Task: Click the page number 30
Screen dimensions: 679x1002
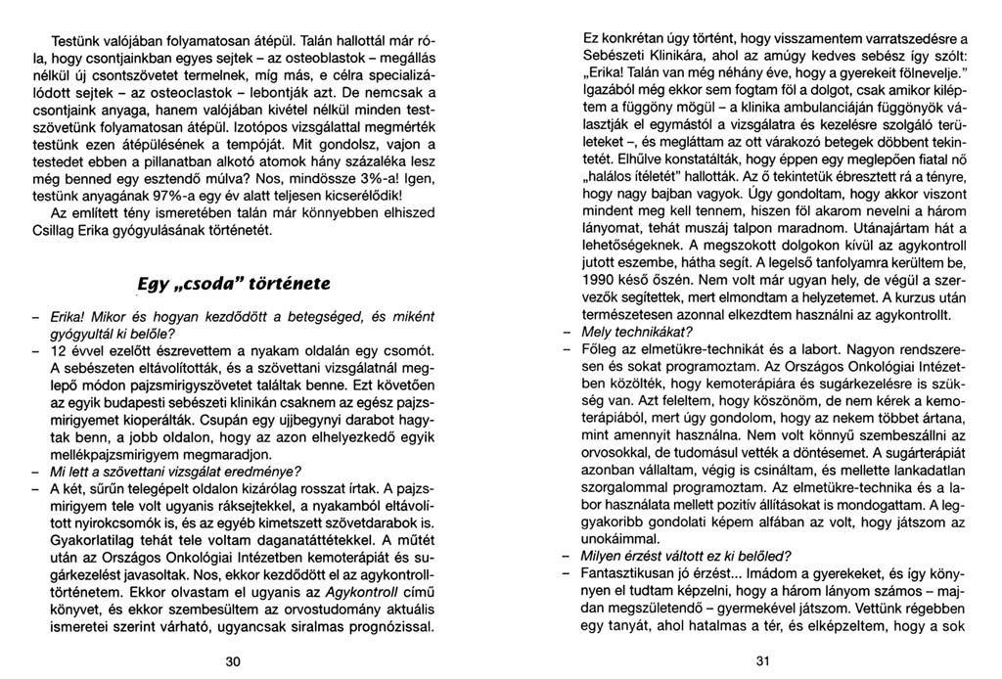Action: coord(232,661)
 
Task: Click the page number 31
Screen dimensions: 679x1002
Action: coord(763,661)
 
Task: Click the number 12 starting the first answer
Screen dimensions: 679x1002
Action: coord(60,350)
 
